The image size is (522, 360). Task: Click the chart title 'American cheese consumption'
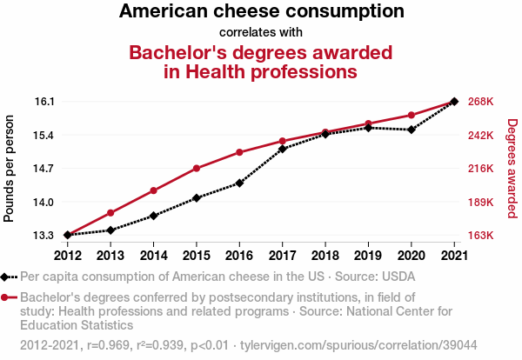pyautogui.click(x=261, y=12)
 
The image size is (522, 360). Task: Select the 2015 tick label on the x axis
pyautogui.click(x=196, y=255)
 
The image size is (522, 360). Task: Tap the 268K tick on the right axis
pyautogui.click(x=481, y=102)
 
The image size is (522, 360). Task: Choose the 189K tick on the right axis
pyautogui.click(x=481, y=202)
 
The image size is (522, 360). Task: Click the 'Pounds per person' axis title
pyautogui.click(x=10, y=168)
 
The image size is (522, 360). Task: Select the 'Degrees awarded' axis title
pyautogui.click(x=512, y=168)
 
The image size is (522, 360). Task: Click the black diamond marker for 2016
pyautogui.click(x=239, y=183)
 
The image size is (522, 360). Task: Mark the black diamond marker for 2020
pyautogui.click(x=411, y=130)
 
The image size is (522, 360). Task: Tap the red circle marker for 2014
pyautogui.click(x=153, y=190)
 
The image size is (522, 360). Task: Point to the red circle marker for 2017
pyautogui.click(x=282, y=141)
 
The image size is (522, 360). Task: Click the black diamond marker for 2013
pyautogui.click(x=110, y=230)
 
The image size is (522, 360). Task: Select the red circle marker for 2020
pyautogui.click(x=411, y=115)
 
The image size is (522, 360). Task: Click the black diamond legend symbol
pyautogui.click(x=9, y=277)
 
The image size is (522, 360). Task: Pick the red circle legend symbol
pyautogui.click(x=9, y=297)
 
